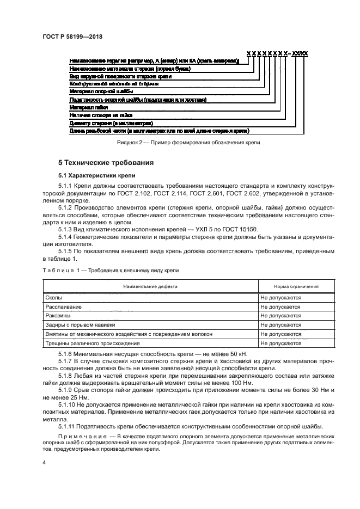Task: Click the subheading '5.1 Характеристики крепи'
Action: [93, 175]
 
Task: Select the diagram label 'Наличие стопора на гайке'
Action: [101, 115]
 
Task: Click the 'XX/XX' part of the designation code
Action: [300, 53]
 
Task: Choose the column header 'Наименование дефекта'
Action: [150, 286]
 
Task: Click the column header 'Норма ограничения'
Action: [289, 286]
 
